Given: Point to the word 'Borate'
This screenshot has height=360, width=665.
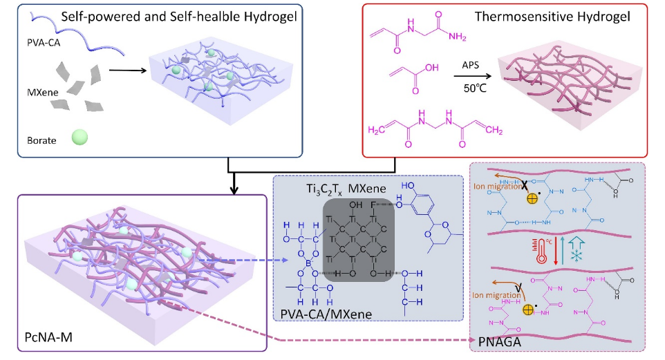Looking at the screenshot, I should coord(44,140).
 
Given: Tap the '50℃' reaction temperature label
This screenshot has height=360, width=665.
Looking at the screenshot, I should coord(471,88).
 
